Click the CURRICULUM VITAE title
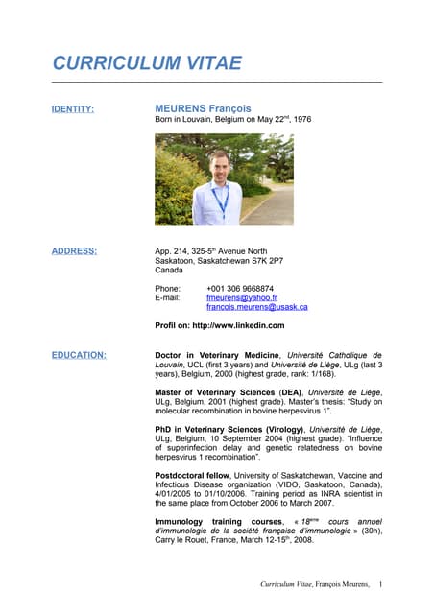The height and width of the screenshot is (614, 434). point(147,64)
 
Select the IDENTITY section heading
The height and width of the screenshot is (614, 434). point(72,109)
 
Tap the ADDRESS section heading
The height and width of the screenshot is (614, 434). point(74,251)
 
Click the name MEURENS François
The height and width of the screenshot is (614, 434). point(203,109)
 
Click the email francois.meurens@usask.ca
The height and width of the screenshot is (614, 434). point(256,307)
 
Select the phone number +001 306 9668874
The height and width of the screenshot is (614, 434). point(239,288)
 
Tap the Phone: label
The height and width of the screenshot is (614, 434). point(168,288)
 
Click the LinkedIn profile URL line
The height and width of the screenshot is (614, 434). point(219,325)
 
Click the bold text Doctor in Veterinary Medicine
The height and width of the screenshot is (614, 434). point(217,355)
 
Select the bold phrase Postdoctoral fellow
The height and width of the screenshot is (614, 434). point(194,475)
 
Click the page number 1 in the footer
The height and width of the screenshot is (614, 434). point(380,583)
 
